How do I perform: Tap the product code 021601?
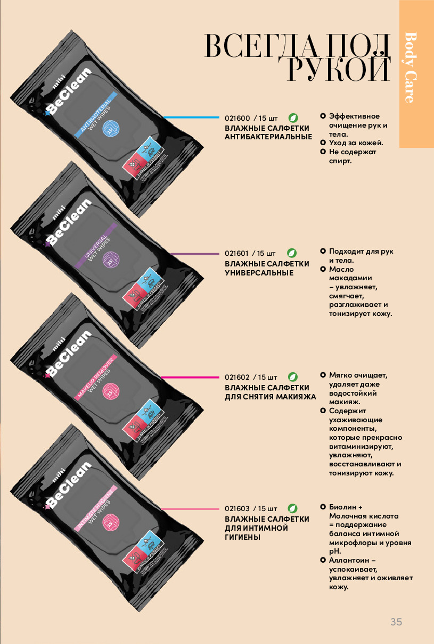click(x=237, y=253)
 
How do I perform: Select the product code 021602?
click(x=237, y=377)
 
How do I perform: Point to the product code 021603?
click(x=237, y=508)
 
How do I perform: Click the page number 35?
click(x=396, y=622)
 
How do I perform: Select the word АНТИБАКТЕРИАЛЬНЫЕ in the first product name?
click(x=268, y=137)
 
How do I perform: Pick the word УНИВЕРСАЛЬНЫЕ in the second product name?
click(x=259, y=273)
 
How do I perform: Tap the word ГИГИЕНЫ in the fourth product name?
click(x=242, y=538)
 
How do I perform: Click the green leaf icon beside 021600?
click(x=292, y=117)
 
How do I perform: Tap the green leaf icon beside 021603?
click(x=292, y=508)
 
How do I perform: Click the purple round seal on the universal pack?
click(x=111, y=261)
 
